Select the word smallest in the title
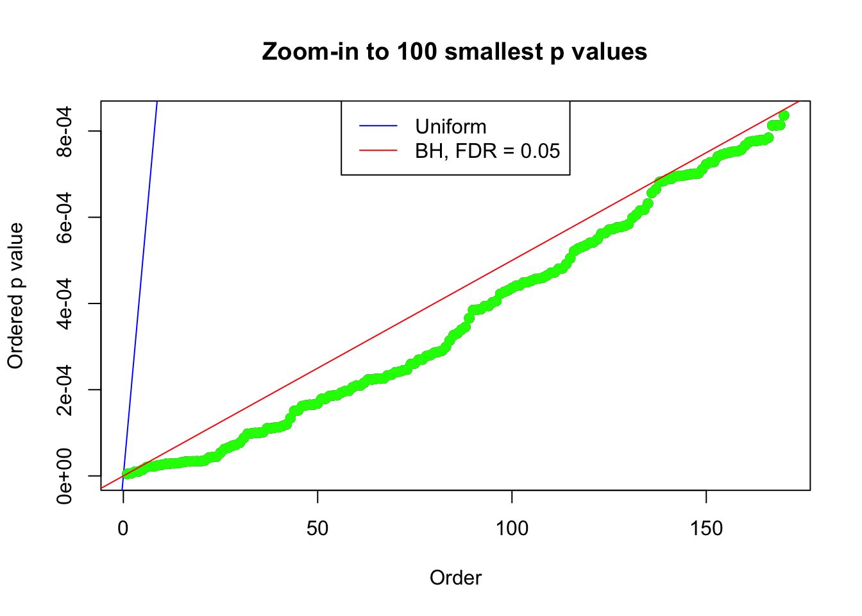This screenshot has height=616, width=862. pos(494,52)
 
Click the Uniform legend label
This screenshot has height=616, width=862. pos(450,126)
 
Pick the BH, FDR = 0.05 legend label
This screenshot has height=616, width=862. pos(487,151)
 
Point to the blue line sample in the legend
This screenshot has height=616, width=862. pos(378,126)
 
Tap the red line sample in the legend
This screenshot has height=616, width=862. pos(378,151)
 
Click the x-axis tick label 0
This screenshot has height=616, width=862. pos(123,528)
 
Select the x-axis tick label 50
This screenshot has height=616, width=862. pos(317,528)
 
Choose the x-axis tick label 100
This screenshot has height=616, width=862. pos(512,528)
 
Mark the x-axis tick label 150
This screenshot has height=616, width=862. pos(706,528)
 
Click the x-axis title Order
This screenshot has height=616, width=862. pos(455,577)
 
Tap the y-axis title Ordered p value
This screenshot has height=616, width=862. pos(15,296)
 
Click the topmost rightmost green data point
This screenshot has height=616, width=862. pos(783,116)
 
